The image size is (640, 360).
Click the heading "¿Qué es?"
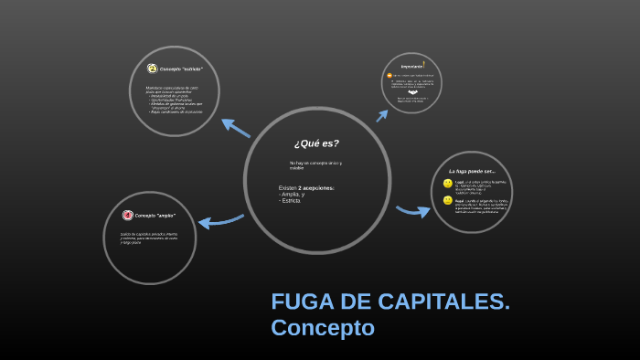coord(316,143)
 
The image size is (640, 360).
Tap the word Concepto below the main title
coord(323,327)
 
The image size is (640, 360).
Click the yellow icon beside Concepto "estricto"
coord(151,69)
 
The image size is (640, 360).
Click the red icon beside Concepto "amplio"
coord(128,216)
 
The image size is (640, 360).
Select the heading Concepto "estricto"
coord(181,69)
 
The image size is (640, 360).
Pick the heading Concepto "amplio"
coord(155,216)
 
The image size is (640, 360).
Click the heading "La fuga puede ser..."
coord(472,171)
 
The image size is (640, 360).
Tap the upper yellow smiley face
coord(448,184)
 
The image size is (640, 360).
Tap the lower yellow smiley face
coord(448,200)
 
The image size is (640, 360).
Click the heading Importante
coord(411,65)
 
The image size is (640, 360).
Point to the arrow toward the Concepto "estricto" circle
coord(236,127)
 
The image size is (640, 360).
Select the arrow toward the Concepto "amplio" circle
coord(220,220)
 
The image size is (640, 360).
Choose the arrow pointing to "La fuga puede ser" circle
coord(413,211)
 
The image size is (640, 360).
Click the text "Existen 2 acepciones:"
coord(306,188)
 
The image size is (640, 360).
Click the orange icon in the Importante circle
coord(389,75)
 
